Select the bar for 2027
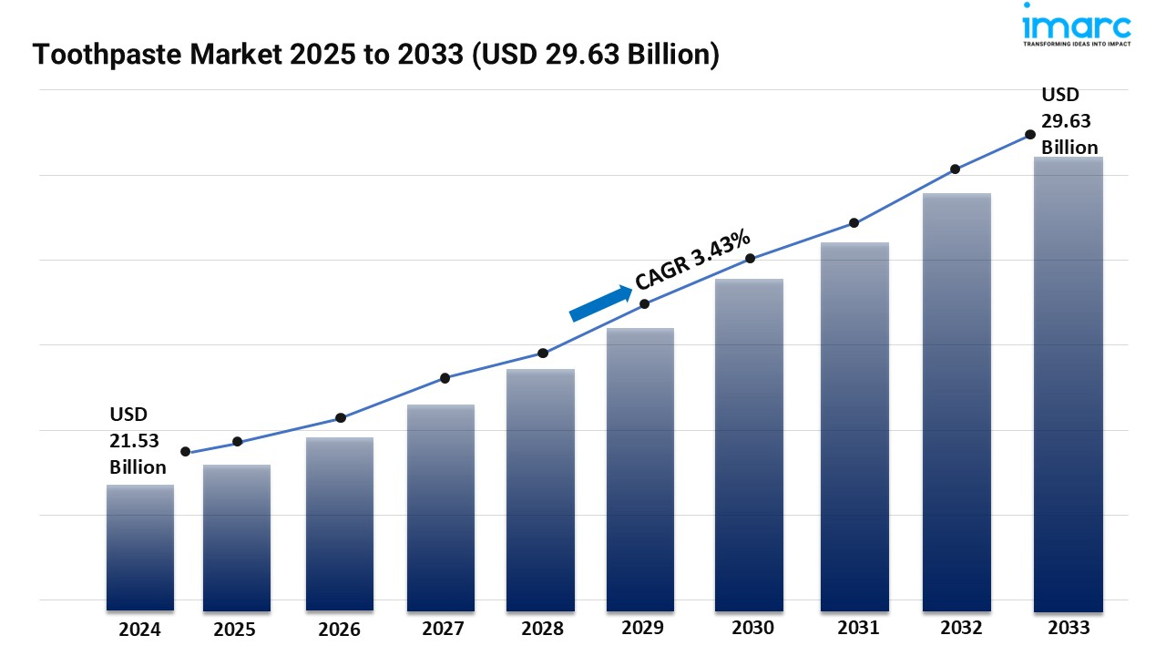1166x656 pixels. coord(441,507)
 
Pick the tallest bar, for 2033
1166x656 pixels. coord(1069,384)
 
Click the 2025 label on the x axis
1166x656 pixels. coord(235,629)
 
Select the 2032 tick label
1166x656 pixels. coord(961,628)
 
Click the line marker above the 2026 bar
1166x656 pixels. coord(341,418)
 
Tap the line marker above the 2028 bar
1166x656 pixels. coord(543,353)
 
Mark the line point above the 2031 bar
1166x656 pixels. coord(854,222)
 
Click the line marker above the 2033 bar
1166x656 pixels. coord(1030,134)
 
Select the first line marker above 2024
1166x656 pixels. coord(186,452)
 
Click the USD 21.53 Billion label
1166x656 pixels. coord(138,441)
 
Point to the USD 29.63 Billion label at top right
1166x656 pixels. coord(1069,120)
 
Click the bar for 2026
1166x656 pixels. coord(340,524)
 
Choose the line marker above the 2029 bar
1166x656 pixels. coord(644,303)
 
